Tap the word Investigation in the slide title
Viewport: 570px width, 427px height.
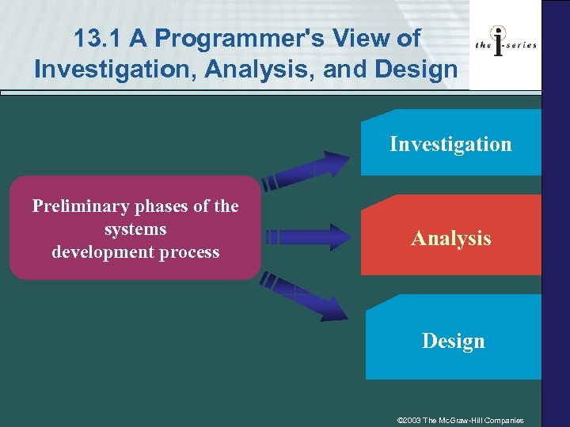113,70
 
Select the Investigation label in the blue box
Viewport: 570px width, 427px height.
450,144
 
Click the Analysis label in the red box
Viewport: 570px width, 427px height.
450,238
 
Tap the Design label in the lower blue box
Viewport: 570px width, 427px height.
453,341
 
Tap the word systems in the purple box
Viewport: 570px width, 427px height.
135,229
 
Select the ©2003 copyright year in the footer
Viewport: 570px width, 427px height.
410,419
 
